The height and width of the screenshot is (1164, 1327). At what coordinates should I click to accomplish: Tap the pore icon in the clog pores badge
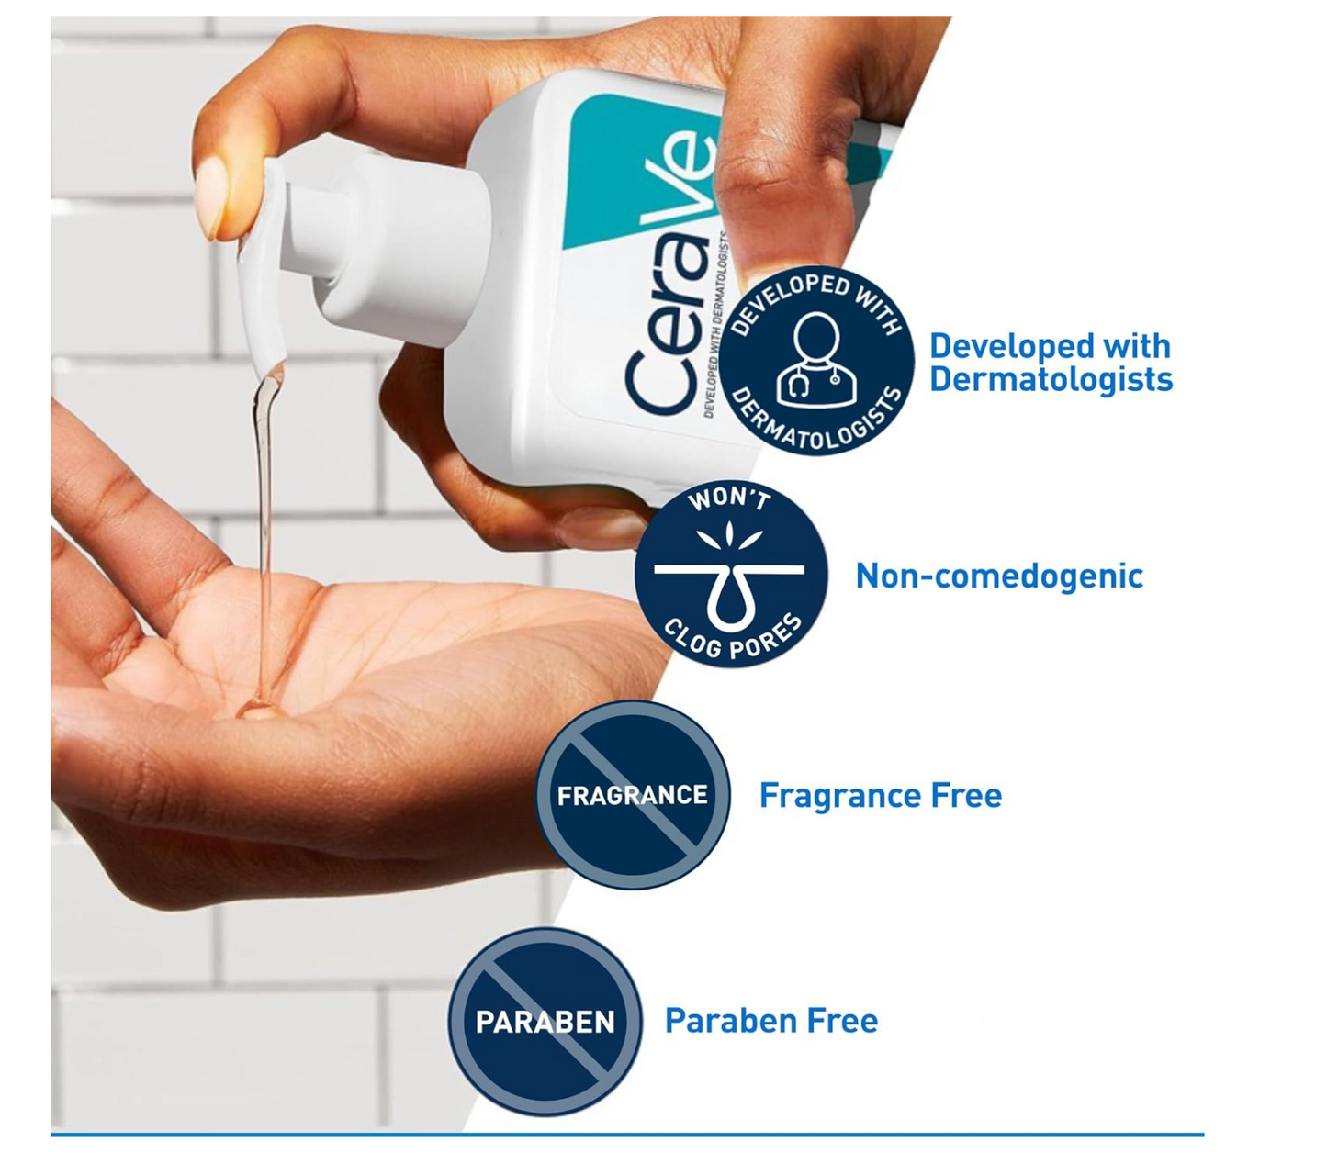click(x=730, y=588)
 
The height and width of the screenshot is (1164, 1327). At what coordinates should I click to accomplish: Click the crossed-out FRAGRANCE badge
click(x=633, y=795)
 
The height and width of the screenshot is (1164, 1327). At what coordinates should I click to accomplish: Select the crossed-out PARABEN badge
click(x=545, y=1022)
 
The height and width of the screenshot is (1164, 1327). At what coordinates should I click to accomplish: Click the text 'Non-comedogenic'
click(x=999, y=576)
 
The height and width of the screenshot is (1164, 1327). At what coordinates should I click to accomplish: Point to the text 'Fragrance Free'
click(x=880, y=795)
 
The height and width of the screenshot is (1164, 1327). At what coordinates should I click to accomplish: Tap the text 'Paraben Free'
click(x=770, y=1021)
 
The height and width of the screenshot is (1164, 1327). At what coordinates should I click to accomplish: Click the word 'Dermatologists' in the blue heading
click(x=1051, y=380)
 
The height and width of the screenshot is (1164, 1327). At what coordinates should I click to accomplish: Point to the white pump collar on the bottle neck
click(x=404, y=248)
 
